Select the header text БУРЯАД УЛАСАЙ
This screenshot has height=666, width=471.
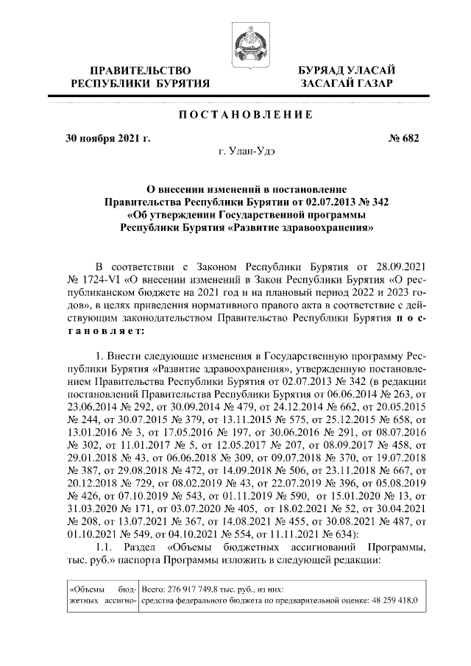tap(346, 70)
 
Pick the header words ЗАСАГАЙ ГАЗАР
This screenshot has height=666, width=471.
tap(346, 84)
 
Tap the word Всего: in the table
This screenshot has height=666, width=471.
tap(153, 589)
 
